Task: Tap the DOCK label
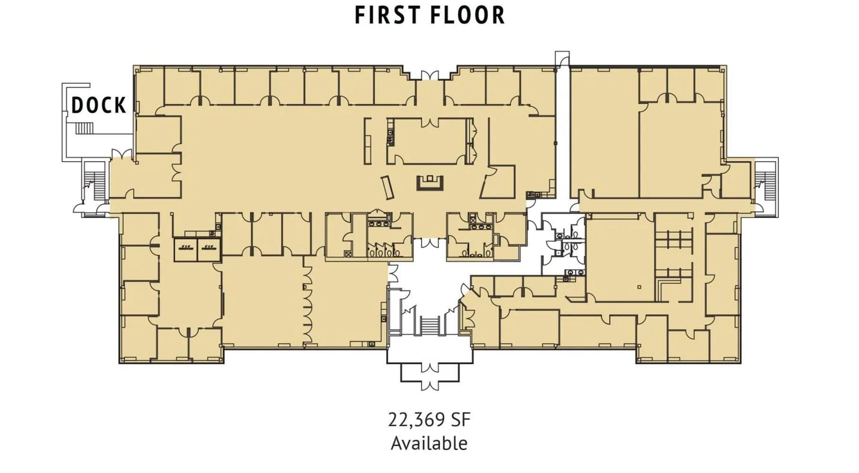pos(99,105)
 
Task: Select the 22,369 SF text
pos(429,420)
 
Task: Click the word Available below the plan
pos(429,443)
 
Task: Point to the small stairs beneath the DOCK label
pos(85,128)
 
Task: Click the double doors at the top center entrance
pos(430,75)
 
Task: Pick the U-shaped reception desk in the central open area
pos(430,183)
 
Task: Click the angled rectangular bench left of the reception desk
pos(388,187)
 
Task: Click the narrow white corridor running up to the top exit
pos(562,137)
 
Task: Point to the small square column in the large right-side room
pos(639,287)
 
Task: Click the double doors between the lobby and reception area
pos(430,243)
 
